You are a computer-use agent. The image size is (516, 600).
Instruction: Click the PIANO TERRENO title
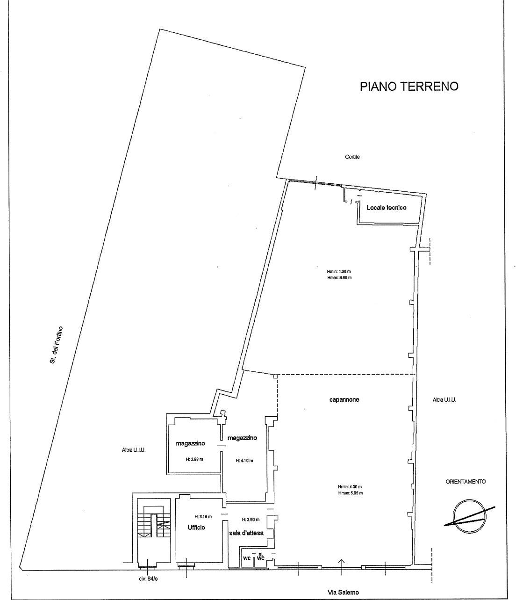point(409,86)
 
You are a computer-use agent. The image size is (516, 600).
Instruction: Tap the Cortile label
point(352,157)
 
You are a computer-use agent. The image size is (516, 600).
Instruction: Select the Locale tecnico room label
point(387,208)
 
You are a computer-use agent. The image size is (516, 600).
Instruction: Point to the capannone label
point(344,399)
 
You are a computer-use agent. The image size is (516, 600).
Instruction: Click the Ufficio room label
point(196,528)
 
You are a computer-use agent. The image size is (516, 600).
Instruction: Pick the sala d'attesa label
point(246,533)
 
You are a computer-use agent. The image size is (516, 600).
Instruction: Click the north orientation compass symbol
point(470,516)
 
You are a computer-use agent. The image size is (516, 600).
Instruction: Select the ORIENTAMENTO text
point(466,482)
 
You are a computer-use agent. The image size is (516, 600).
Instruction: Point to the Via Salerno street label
point(343,590)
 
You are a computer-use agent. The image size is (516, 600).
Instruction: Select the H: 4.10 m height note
point(244,460)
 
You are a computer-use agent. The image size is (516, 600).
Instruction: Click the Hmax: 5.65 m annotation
point(351,493)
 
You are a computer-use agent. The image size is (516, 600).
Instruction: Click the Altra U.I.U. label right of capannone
point(444,400)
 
